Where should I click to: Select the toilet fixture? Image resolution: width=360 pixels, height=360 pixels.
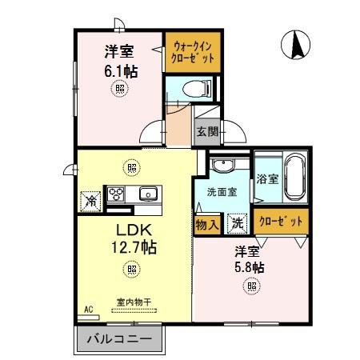point(192,87)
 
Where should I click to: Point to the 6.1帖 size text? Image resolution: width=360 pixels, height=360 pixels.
point(120,71)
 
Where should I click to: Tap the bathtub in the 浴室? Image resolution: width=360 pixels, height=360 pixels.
point(294,178)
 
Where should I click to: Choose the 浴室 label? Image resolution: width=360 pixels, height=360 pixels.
point(266,178)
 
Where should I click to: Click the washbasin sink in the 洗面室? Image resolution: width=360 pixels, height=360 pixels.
point(223,167)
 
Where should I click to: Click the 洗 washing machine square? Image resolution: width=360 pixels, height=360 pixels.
point(238,224)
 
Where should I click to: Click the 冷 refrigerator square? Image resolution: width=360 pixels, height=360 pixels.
point(91,200)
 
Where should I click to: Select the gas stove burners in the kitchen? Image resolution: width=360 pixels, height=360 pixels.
point(116,193)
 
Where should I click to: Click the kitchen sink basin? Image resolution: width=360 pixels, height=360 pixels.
point(147,193)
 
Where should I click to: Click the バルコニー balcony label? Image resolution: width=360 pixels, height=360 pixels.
point(119,339)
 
